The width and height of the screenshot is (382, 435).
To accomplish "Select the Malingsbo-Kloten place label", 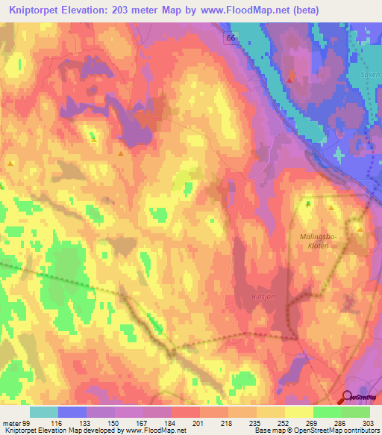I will tap(319, 240).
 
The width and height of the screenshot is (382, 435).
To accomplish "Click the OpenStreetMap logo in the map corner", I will tap(361, 398).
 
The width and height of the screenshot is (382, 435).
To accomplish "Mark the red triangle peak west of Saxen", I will tap(289, 78).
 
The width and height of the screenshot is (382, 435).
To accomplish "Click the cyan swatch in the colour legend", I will tap(44, 412).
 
